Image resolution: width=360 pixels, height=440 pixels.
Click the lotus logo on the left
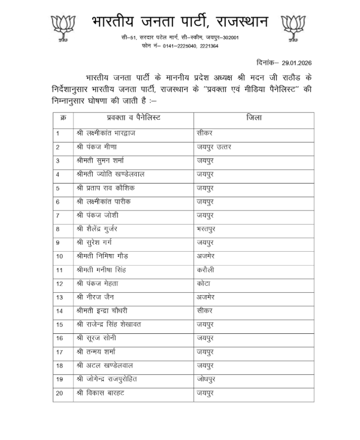63,27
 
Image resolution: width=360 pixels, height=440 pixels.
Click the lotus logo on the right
294,27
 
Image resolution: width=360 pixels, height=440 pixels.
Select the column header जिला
253,119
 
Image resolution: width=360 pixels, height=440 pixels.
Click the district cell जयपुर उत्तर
214,147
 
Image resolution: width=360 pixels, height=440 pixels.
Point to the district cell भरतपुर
209,228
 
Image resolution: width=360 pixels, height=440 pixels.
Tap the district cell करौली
208,269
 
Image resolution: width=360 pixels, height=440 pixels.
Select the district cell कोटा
205,283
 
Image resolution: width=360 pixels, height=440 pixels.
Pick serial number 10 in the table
60,256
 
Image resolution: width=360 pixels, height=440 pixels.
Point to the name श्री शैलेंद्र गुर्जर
103,228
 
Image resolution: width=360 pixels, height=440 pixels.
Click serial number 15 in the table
60,324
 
